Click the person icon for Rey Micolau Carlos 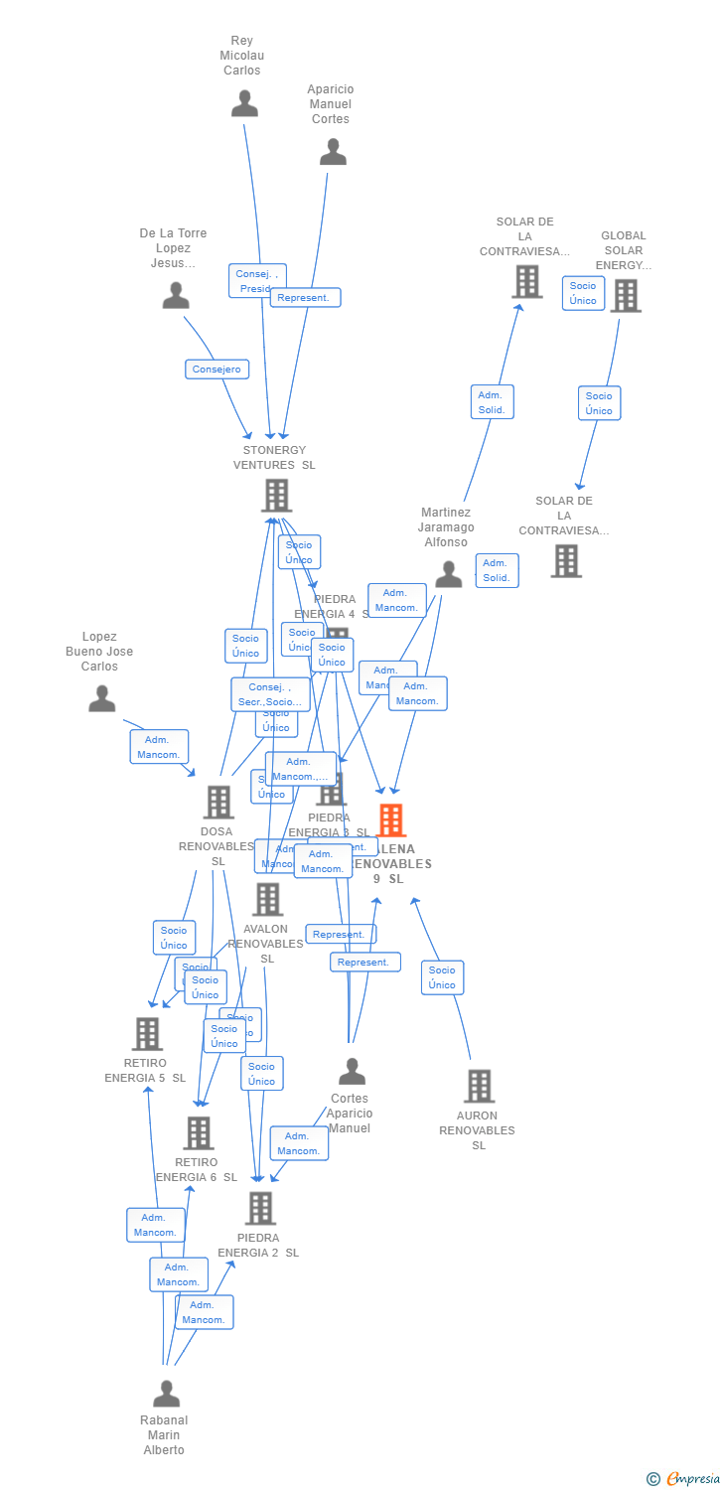[x=244, y=103]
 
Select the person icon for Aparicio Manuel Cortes [x=333, y=152]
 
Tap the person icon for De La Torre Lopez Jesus [x=176, y=296]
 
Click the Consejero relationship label [x=217, y=370]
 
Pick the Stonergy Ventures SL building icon [x=276, y=495]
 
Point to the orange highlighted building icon [x=392, y=820]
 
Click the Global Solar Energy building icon [x=625, y=296]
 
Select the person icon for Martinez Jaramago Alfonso [x=449, y=574]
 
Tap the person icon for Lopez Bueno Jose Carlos [x=102, y=699]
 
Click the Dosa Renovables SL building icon [x=217, y=802]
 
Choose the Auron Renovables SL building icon [x=479, y=1086]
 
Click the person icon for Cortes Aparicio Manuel [x=352, y=1072]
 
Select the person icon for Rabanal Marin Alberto [x=166, y=1394]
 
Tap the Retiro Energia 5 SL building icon [x=147, y=1034]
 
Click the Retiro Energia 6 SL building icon [x=199, y=1133]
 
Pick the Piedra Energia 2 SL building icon [x=260, y=1209]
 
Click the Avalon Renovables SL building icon [x=267, y=900]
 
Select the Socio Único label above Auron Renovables [x=442, y=977]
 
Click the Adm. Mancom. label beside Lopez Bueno [x=159, y=747]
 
